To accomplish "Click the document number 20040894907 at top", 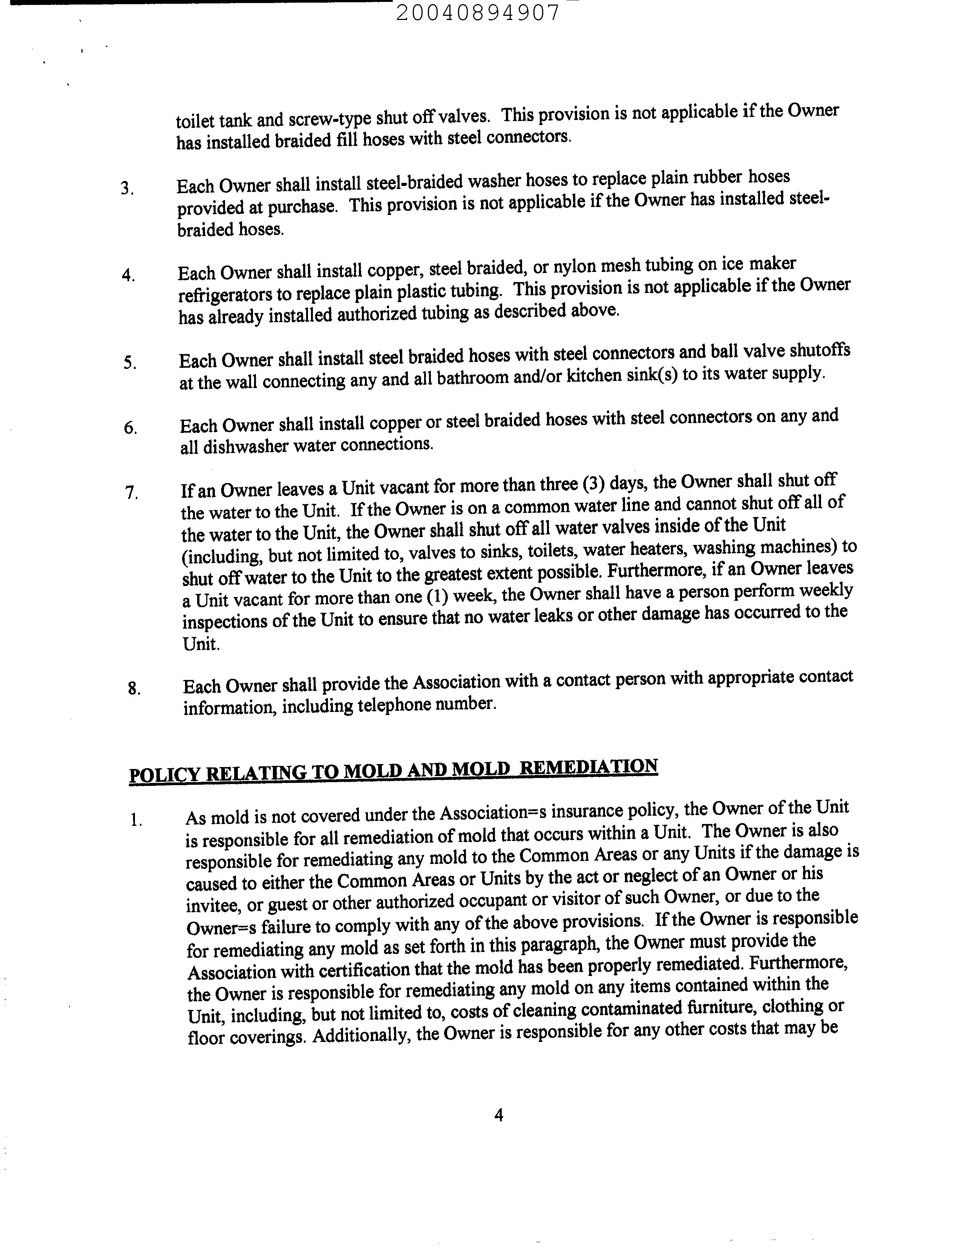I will pyautogui.click(x=478, y=12).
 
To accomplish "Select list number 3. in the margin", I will pyautogui.click(x=127, y=189).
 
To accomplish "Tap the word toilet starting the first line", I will pyautogui.click(x=194, y=121).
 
